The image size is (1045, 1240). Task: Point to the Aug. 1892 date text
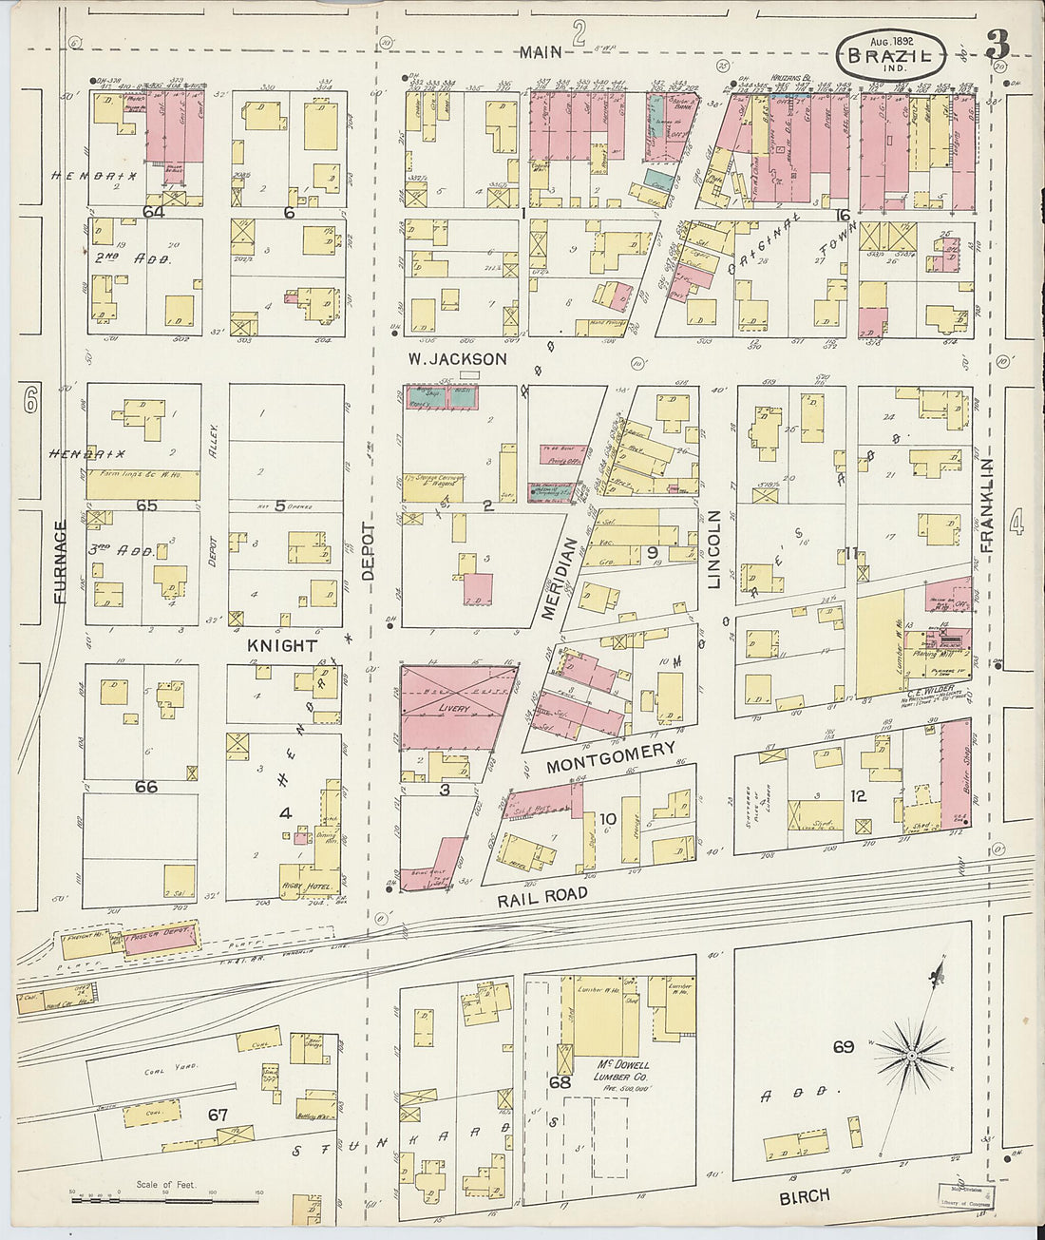pos(890,44)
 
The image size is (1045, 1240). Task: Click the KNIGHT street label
pos(282,645)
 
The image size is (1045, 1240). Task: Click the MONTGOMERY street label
pos(611,752)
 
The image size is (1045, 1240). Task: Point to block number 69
pos(843,1047)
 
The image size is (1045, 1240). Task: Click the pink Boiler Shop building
pos(956,772)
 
